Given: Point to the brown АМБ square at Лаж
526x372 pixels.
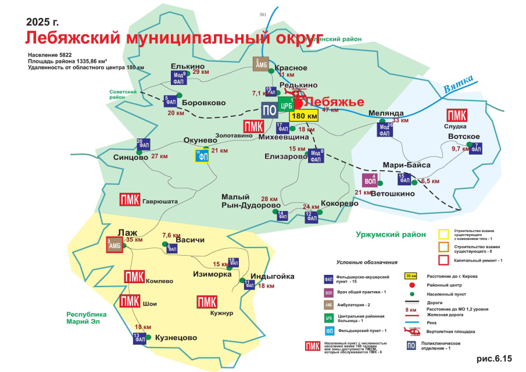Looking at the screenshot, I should (114, 245).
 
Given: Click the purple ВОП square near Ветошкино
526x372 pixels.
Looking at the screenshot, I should (370, 180).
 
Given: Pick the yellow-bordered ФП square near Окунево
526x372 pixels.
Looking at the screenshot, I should (202, 156).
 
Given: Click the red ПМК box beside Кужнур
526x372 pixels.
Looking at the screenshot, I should (207, 302).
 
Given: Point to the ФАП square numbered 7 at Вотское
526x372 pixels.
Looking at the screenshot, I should (475, 148).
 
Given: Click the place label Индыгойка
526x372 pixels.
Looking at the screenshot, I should (272, 277).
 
